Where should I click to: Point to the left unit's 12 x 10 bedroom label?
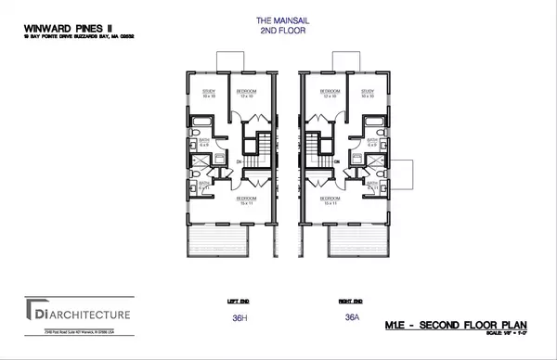tap(245, 93)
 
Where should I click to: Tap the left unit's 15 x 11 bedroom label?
tap(246, 200)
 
